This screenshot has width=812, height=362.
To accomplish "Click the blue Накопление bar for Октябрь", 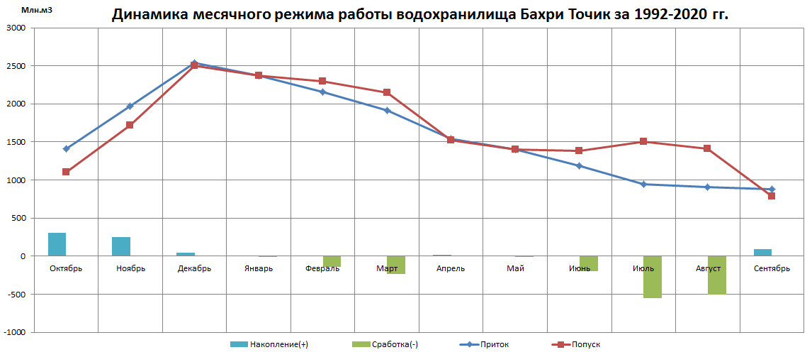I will click(57, 244).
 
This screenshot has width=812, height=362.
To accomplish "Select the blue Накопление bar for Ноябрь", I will click(121, 246).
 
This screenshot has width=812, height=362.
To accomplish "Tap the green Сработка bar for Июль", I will click(653, 277).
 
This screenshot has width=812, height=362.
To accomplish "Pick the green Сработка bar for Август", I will click(716, 275).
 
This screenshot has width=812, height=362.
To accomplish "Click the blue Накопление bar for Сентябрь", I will click(762, 252).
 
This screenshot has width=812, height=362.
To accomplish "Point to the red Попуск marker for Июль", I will click(643, 141).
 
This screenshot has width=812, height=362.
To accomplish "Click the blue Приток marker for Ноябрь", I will click(130, 106).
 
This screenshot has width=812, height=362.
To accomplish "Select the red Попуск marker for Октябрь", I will click(66, 172).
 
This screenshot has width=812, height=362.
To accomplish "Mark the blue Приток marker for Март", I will click(387, 110).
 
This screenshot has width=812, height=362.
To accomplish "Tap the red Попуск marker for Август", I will click(707, 148).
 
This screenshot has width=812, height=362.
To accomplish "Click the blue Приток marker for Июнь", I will click(580, 165).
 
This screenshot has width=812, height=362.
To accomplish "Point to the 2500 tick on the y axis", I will click(16, 66).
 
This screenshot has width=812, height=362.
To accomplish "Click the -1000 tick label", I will click(14, 332).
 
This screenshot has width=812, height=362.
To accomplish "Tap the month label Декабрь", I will click(194, 268).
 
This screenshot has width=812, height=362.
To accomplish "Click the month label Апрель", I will click(451, 268).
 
